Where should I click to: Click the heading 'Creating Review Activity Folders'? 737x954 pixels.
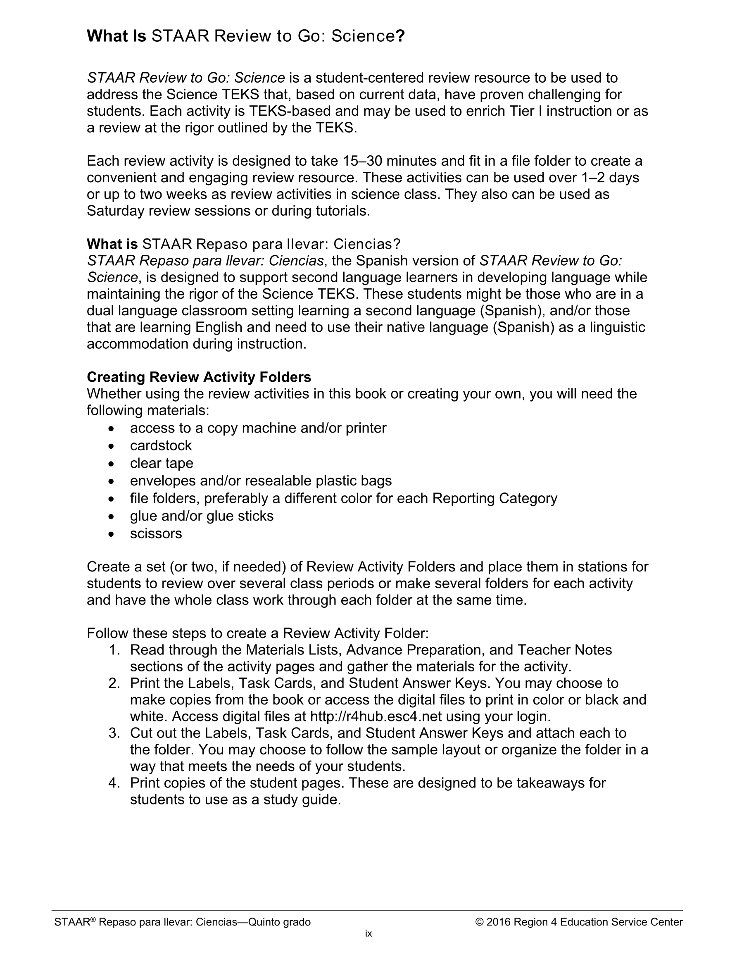(199, 376)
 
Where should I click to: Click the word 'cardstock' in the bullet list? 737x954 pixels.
(161, 445)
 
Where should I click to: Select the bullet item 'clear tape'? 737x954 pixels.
(161, 463)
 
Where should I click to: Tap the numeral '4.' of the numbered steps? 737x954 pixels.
(114, 783)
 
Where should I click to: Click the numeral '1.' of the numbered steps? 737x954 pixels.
(114, 649)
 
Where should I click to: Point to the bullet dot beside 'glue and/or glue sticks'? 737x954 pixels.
(112, 516)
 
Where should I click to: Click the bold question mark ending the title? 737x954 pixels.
(400, 36)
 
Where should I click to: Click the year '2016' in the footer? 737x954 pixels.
(498, 922)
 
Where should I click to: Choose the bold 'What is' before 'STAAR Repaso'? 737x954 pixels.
(112, 244)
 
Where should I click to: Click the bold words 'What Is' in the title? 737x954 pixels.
(116, 36)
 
